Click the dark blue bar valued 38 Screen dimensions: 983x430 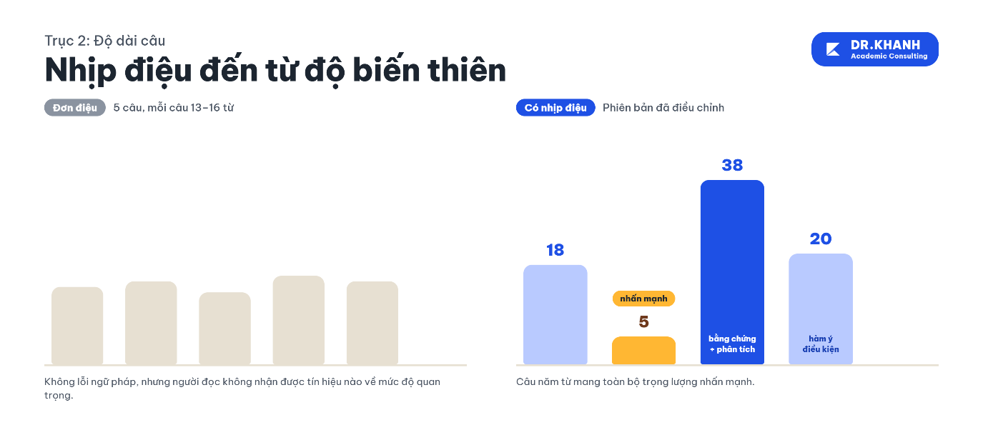point(732,271)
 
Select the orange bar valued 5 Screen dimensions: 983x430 point(643,350)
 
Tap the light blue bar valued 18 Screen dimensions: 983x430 point(555,314)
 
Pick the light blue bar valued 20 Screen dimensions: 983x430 point(821,309)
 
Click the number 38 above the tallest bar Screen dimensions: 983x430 point(732,165)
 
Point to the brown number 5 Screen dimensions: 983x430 point(643,321)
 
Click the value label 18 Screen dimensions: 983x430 point(555,250)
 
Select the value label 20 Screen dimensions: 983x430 point(821,239)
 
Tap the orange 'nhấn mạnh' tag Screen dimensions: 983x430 point(643,299)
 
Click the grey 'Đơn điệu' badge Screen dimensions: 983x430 point(75,107)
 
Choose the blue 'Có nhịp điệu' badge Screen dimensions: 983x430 point(555,107)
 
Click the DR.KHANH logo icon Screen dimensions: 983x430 point(832,49)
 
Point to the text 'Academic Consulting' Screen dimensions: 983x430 point(889,56)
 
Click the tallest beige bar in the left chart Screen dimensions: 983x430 point(298,320)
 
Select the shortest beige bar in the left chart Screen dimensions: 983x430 point(224,329)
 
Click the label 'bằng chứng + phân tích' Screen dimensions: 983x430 point(732,344)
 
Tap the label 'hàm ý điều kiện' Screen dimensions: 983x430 point(821,344)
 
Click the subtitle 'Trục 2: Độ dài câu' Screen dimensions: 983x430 point(105,41)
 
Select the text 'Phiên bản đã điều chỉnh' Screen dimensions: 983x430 point(663,108)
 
